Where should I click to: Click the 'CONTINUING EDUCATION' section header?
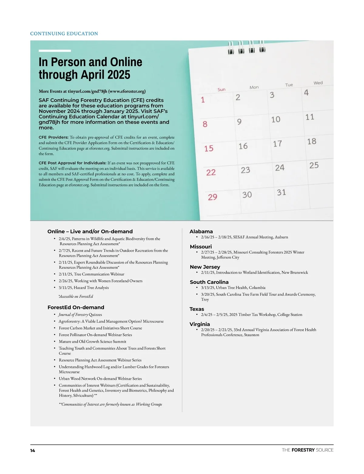pyautogui.click(x=64, y=34)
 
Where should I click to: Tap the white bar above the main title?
pyautogui.click(x=55, y=51)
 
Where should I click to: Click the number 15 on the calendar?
pyautogui.click(x=209, y=148)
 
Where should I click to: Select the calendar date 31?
pyautogui.click(x=281, y=192)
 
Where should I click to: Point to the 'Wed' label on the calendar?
pyautogui.click(x=318, y=83)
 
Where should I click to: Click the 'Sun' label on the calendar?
pyautogui.click(x=221, y=89)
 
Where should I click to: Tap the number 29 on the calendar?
pyautogui.click(x=212, y=197)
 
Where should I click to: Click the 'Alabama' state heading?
pyautogui.click(x=201, y=231)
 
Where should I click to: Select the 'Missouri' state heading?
pyautogui.click(x=201, y=247)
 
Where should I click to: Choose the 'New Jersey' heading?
pyautogui.click(x=205, y=267)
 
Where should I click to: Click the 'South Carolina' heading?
pyautogui.click(x=209, y=282)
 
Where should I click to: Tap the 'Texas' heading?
pyautogui.click(x=197, y=309)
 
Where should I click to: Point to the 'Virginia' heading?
pyautogui.click(x=200, y=324)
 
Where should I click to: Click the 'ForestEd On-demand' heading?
pyautogui.click(x=76, y=307)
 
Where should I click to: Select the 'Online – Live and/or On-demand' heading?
pyautogui.click(x=90, y=231)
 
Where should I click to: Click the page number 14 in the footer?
pyautogui.click(x=32, y=451)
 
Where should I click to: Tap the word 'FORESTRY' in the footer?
pyautogui.click(x=303, y=450)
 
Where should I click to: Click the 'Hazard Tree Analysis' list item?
pyautogui.click(x=84, y=287)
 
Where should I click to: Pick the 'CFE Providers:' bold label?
pyautogui.click(x=53, y=137)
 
